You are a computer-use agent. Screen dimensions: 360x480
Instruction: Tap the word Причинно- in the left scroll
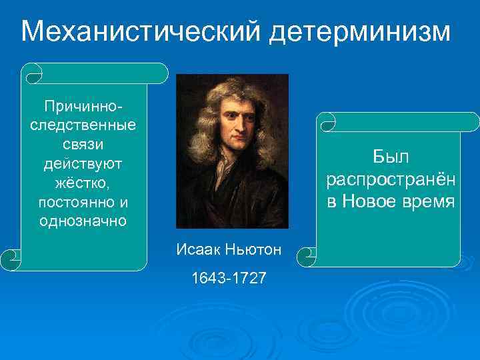[83, 106]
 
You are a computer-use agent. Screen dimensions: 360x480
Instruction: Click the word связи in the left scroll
[83, 143]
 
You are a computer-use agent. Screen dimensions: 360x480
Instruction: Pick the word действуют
[83, 163]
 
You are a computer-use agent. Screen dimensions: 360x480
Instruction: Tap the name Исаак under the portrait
[197, 249]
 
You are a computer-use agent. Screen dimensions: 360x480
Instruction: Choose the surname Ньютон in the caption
[253, 249]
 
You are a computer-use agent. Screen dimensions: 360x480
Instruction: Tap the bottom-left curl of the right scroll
[307, 253]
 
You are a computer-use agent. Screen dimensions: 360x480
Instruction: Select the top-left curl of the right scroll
[328, 122]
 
